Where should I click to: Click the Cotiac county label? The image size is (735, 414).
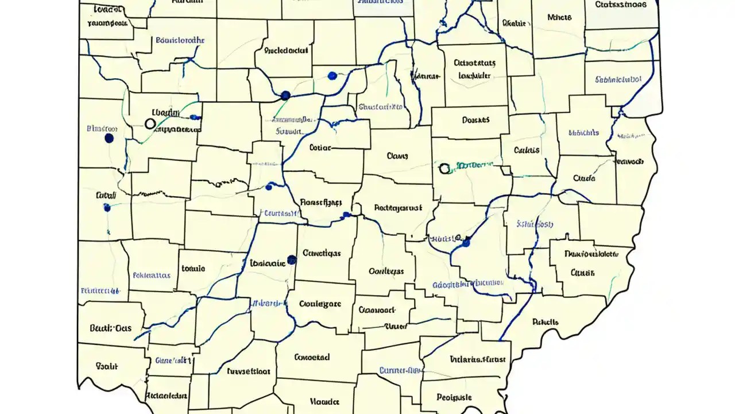[x=320, y=147]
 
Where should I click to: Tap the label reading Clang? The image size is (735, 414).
[x=397, y=155]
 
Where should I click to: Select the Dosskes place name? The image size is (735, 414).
[x=475, y=120]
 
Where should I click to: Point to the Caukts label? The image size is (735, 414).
[x=527, y=150]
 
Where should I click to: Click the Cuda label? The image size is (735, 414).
[x=584, y=178]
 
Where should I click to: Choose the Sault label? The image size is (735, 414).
[x=106, y=365]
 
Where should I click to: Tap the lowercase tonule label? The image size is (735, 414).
[x=193, y=268]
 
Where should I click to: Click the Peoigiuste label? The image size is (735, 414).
[x=454, y=397]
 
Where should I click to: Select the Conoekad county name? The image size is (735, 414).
[x=312, y=357]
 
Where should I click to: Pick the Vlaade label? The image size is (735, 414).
[x=324, y=401]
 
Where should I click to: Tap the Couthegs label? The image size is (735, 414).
[x=386, y=271]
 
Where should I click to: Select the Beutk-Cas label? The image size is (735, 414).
[x=110, y=328]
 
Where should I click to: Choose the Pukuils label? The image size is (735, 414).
[x=545, y=322]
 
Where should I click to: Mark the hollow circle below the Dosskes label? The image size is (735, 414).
[x=444, y=168]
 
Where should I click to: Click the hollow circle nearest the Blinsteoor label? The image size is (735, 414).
[x=150, y=124]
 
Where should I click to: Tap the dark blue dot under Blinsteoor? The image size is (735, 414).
[x=109, y=139]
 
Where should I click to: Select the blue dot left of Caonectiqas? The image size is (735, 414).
[x=292, y=259]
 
